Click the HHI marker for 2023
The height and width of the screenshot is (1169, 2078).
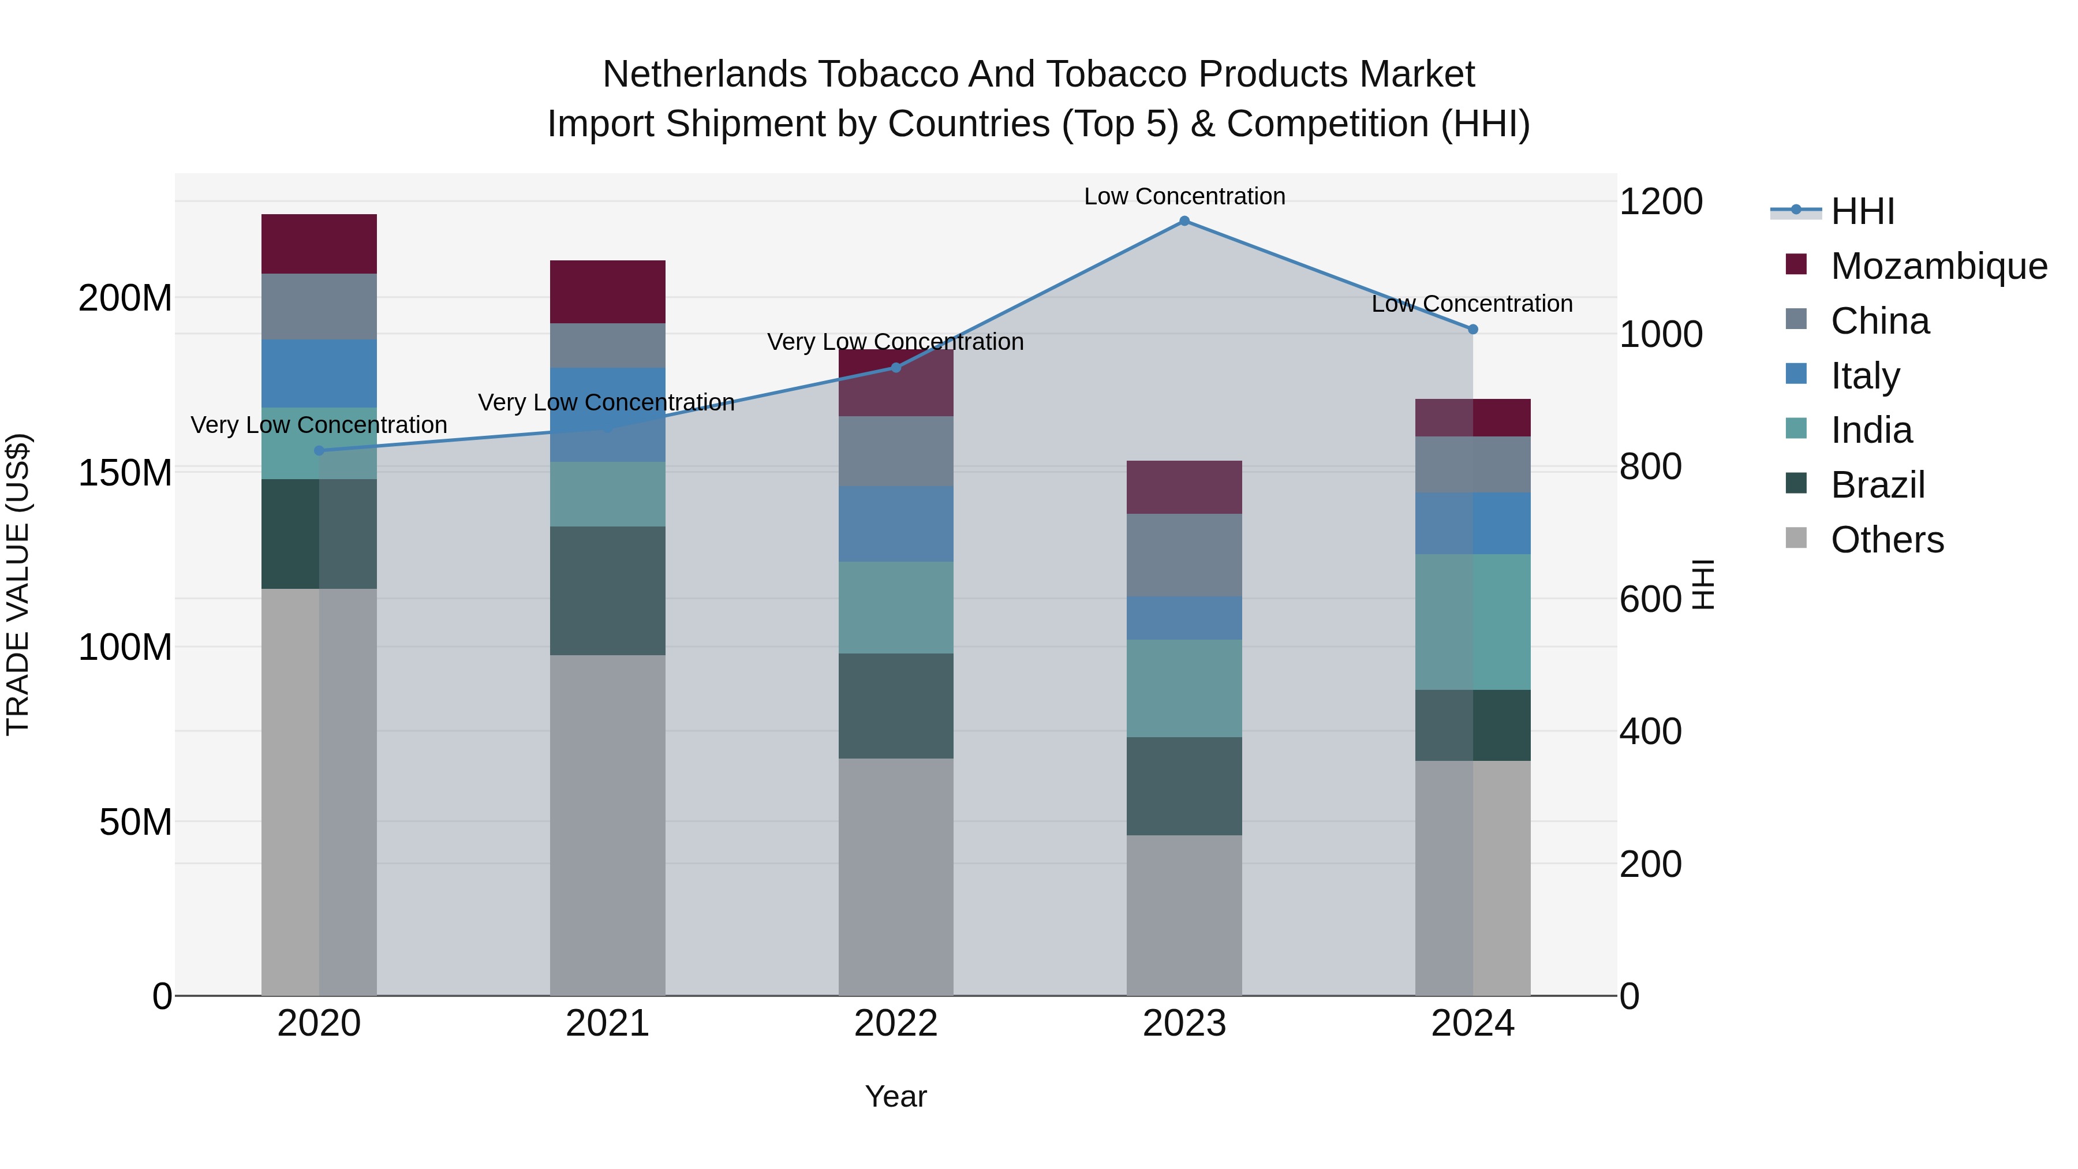[x=1184, y=221]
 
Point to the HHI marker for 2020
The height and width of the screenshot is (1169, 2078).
[x=319, y=451]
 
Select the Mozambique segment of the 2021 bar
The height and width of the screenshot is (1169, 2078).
[x=607, y=292]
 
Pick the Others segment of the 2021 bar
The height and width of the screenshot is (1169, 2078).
[x=607, y=824]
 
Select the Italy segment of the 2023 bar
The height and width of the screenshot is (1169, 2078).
[x=1184, y=618]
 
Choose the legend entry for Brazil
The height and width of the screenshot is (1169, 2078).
[x=1877, y=485]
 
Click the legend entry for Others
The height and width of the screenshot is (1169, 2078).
[x=1887, y=540]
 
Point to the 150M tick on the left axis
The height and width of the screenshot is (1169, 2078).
[x=125, y=473]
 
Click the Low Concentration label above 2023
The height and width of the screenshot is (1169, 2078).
[x=1184, y=196]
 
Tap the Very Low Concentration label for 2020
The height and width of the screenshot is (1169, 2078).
[x=319, y=425]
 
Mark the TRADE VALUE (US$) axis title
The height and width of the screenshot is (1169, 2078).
[x=18, y=584]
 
